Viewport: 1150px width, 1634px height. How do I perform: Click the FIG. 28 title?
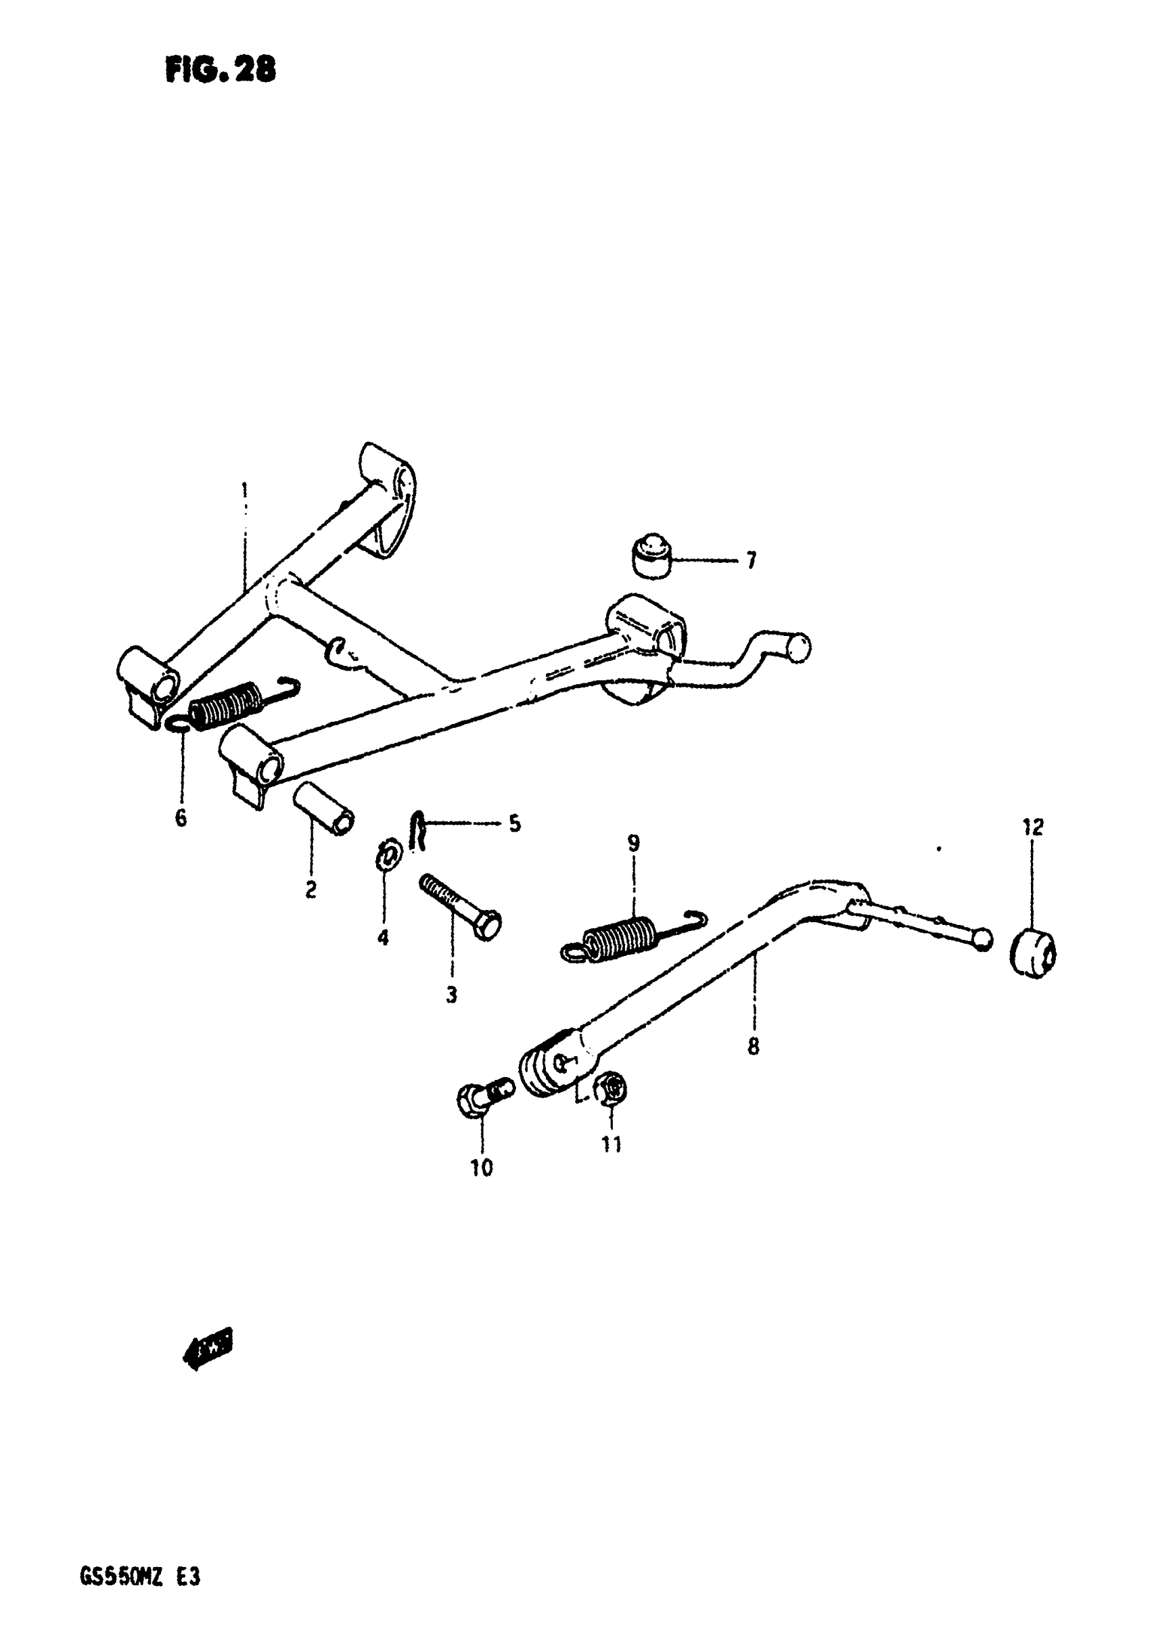pyautogui.click(x=220, y=70)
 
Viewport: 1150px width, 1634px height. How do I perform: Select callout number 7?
pyautogui.click(x=751, y=562)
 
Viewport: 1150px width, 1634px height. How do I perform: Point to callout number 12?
pyautogui.click(x=1032, y=827)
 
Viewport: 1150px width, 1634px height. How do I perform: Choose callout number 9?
pyautogui.click(x=632, y=843)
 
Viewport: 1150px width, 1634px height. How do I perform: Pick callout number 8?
pyautogui.click(x=753, y=1046)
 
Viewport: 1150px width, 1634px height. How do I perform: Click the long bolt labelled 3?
pyautogui.click(x=461, y=907)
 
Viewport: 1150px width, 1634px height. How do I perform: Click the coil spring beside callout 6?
pyautogui.click(x=224, y=704)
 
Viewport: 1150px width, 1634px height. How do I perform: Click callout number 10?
pyautogui.click(x=481, y=1168)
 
